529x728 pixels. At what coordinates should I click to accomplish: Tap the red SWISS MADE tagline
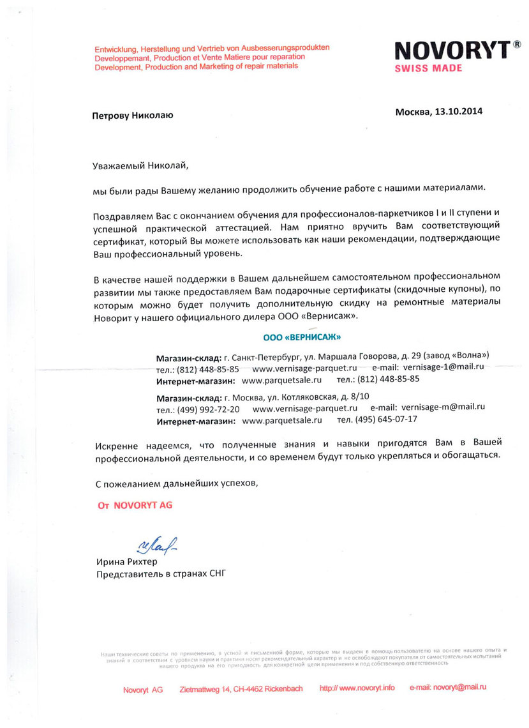[x=428, y=68]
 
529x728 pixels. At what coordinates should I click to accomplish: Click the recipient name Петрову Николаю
[x=132, y=115]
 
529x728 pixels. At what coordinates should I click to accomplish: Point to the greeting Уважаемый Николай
[x=142, y=165]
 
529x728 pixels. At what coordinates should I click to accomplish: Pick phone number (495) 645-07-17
[x=387, y=420]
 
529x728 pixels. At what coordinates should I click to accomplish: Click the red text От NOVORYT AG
[x=134, y=504]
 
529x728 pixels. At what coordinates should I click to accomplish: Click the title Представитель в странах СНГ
[x=160, y=573]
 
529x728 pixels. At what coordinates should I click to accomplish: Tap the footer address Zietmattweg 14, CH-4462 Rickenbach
[x=241, y=688]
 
